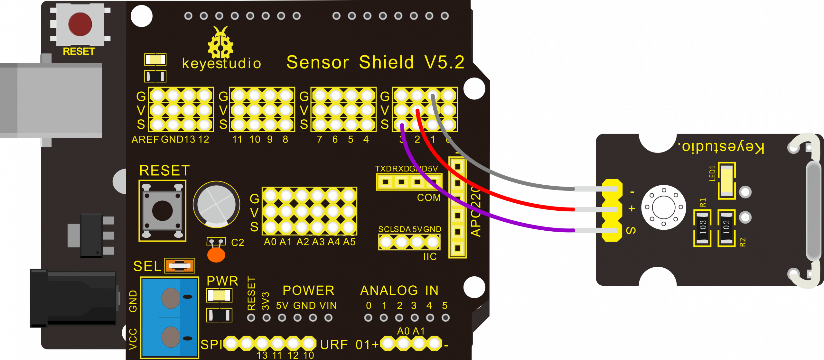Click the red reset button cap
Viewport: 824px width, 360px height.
[80, 24]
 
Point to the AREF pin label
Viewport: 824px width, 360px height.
[145, 140]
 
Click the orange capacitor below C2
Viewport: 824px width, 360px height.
[216, 255]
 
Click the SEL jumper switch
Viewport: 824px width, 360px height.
[180, 266]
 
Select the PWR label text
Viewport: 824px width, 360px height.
[222, 281]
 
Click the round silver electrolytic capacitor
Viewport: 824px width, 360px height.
[216, 205]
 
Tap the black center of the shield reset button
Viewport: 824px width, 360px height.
[162, 211]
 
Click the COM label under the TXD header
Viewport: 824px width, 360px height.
[429, 198]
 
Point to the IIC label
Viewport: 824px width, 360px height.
[430, 257]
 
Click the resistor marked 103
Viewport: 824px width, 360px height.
[702, 228]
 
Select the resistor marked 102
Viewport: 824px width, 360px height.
[726, 228]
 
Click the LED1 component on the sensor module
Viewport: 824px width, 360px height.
[727, 180]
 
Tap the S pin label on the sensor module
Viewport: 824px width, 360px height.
[631, 230]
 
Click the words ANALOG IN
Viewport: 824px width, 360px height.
[399, 291]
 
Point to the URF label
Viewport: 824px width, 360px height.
[334, 345]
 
